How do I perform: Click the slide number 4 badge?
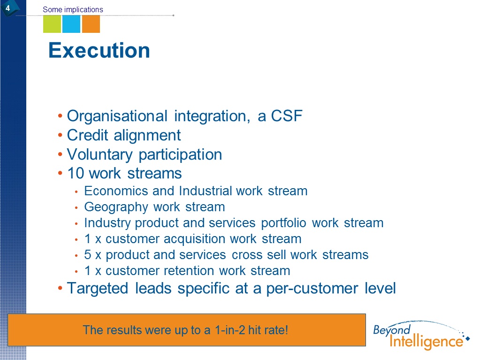click(8, 8)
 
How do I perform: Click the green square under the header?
click(52, 24)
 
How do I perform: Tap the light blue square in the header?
click(71, 24)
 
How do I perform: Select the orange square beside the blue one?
click(91, 24)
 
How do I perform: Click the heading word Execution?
click(99, 50)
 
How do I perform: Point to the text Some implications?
click(73, 9)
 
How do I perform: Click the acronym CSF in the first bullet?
click(287, 116)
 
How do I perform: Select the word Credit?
click(88, 135)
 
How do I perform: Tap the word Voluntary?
click(99, 155)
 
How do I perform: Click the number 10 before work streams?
click(76, 173)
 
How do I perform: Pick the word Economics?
click(116, 191)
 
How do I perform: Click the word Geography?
click(116, 207)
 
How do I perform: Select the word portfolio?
click(283, 223)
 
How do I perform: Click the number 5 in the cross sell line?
click(88, 255)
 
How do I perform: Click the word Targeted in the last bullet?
click(97, 289)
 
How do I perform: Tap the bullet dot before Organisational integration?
click(60, 116)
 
